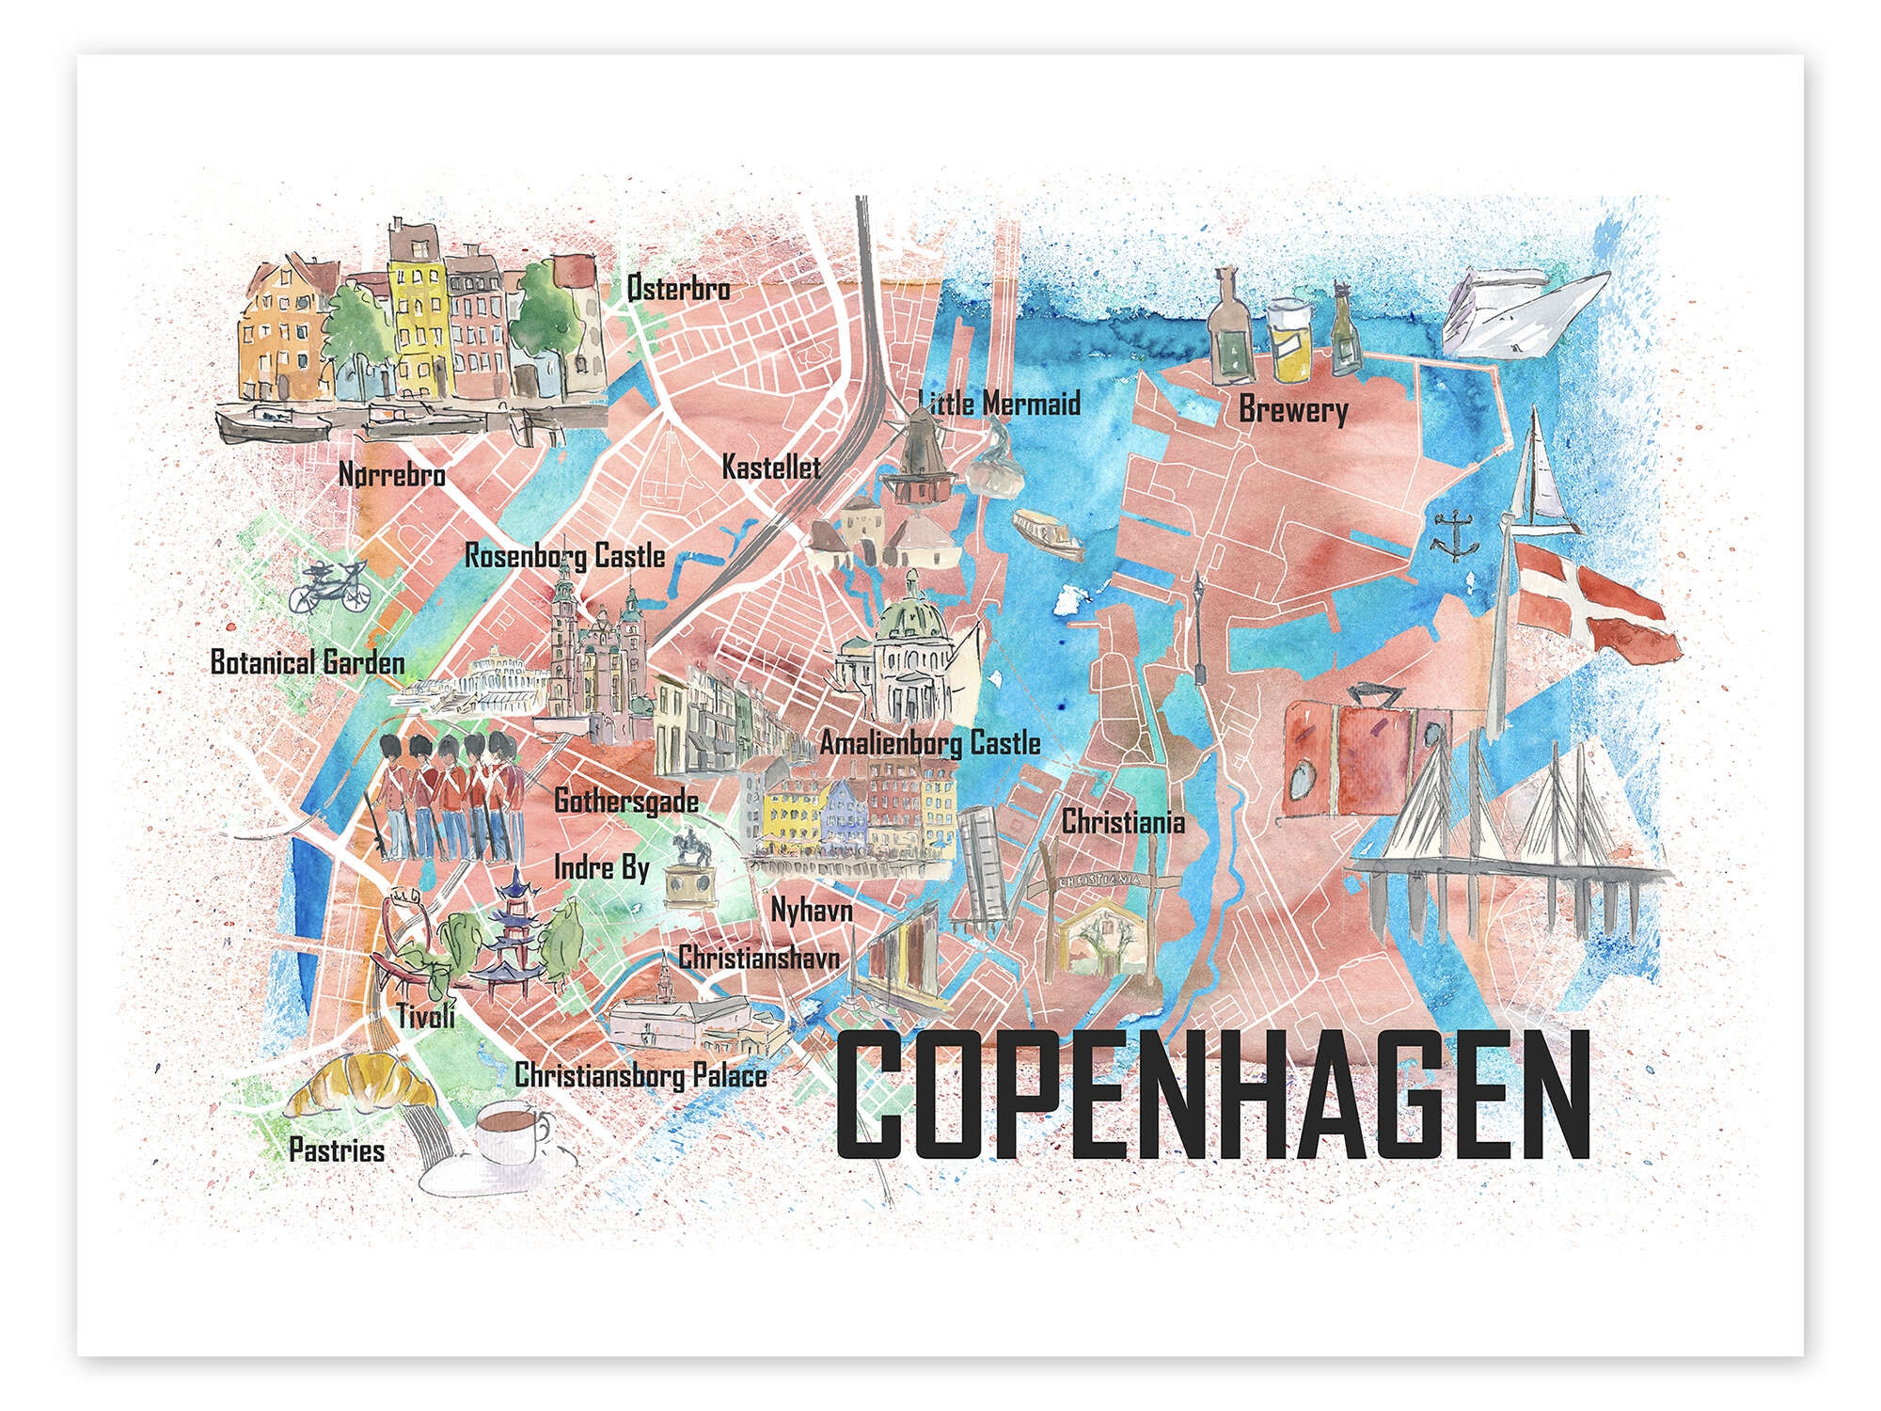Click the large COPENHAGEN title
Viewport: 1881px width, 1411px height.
1212,1095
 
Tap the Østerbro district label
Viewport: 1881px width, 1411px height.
678,288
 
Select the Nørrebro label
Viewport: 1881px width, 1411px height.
391,474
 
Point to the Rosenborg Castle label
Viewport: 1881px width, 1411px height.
565,556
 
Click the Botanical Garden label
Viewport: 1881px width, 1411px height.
308,662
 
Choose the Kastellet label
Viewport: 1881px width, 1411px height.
771,467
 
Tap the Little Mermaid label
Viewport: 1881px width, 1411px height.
999,404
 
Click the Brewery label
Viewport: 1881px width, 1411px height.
1293,410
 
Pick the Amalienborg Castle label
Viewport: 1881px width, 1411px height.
930,743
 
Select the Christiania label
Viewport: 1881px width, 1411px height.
1123,822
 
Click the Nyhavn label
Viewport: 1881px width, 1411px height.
812,910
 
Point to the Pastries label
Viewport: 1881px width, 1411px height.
337,1150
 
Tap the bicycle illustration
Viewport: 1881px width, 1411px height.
328,585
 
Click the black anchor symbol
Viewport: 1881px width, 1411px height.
1453,534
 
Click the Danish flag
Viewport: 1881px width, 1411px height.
1589,607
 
